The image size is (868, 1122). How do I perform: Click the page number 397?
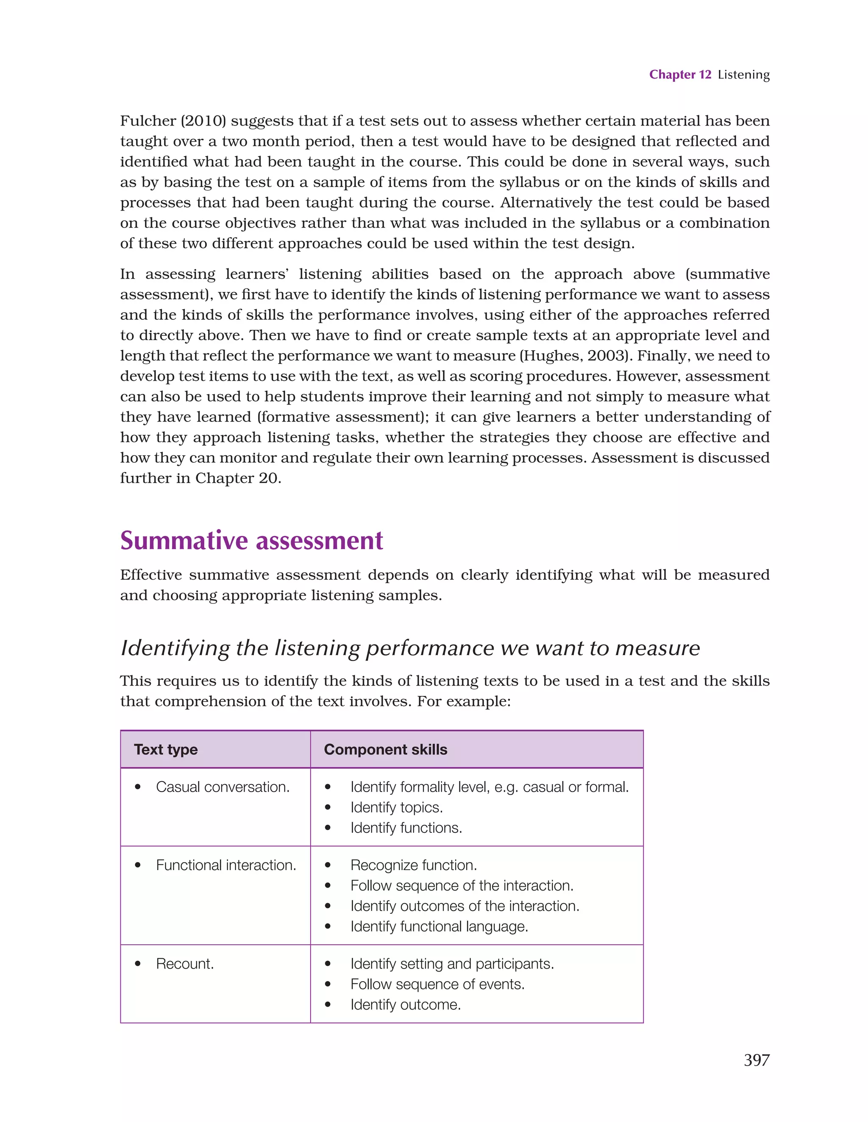pyautogui.click(x=756, y=1060)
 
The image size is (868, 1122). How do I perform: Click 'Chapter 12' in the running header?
pyautogui.click(x=679, y=75)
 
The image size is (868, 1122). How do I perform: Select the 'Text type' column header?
pyautogui.click(x=165, y=750)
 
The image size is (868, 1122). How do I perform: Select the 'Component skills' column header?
pyautogui.click(x=385, y=750)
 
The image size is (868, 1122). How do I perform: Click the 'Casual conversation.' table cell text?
pyautogui.click(x=223, y=787)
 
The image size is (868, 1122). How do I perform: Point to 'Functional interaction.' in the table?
pyautogui.click(x=226, y=865)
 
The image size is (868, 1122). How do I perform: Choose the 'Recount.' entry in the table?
pyautogui.click(x=184, y=964)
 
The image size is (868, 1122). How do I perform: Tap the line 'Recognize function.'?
pyautogui.click(x=414, y=865)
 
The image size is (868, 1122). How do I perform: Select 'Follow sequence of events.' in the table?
pyautogui.click(x=437, y=984)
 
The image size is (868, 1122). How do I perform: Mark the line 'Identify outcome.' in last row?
pyautogui.click(x=405, y=1005)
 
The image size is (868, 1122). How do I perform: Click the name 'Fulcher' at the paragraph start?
pyautogui.click(x=148, y=121)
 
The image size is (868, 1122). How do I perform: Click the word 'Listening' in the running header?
pyautogui.click(x=743, y=75)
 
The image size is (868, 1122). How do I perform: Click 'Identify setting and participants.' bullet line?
pyautogui.click(x=452, y=964)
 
